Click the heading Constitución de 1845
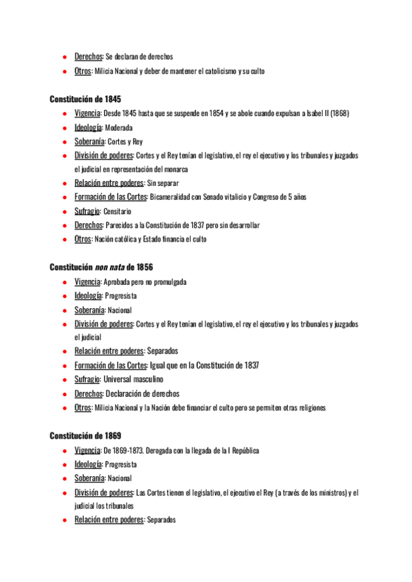(86, 99)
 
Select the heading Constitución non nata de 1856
(101, 267)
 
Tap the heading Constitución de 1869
(86, 435)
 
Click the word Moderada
(118, 128)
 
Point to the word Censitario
(117, 211)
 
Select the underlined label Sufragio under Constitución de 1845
(87, 211)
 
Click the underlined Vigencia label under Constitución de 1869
(87, 450)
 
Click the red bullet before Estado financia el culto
(63, 240)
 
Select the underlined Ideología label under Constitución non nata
(88, 296)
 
